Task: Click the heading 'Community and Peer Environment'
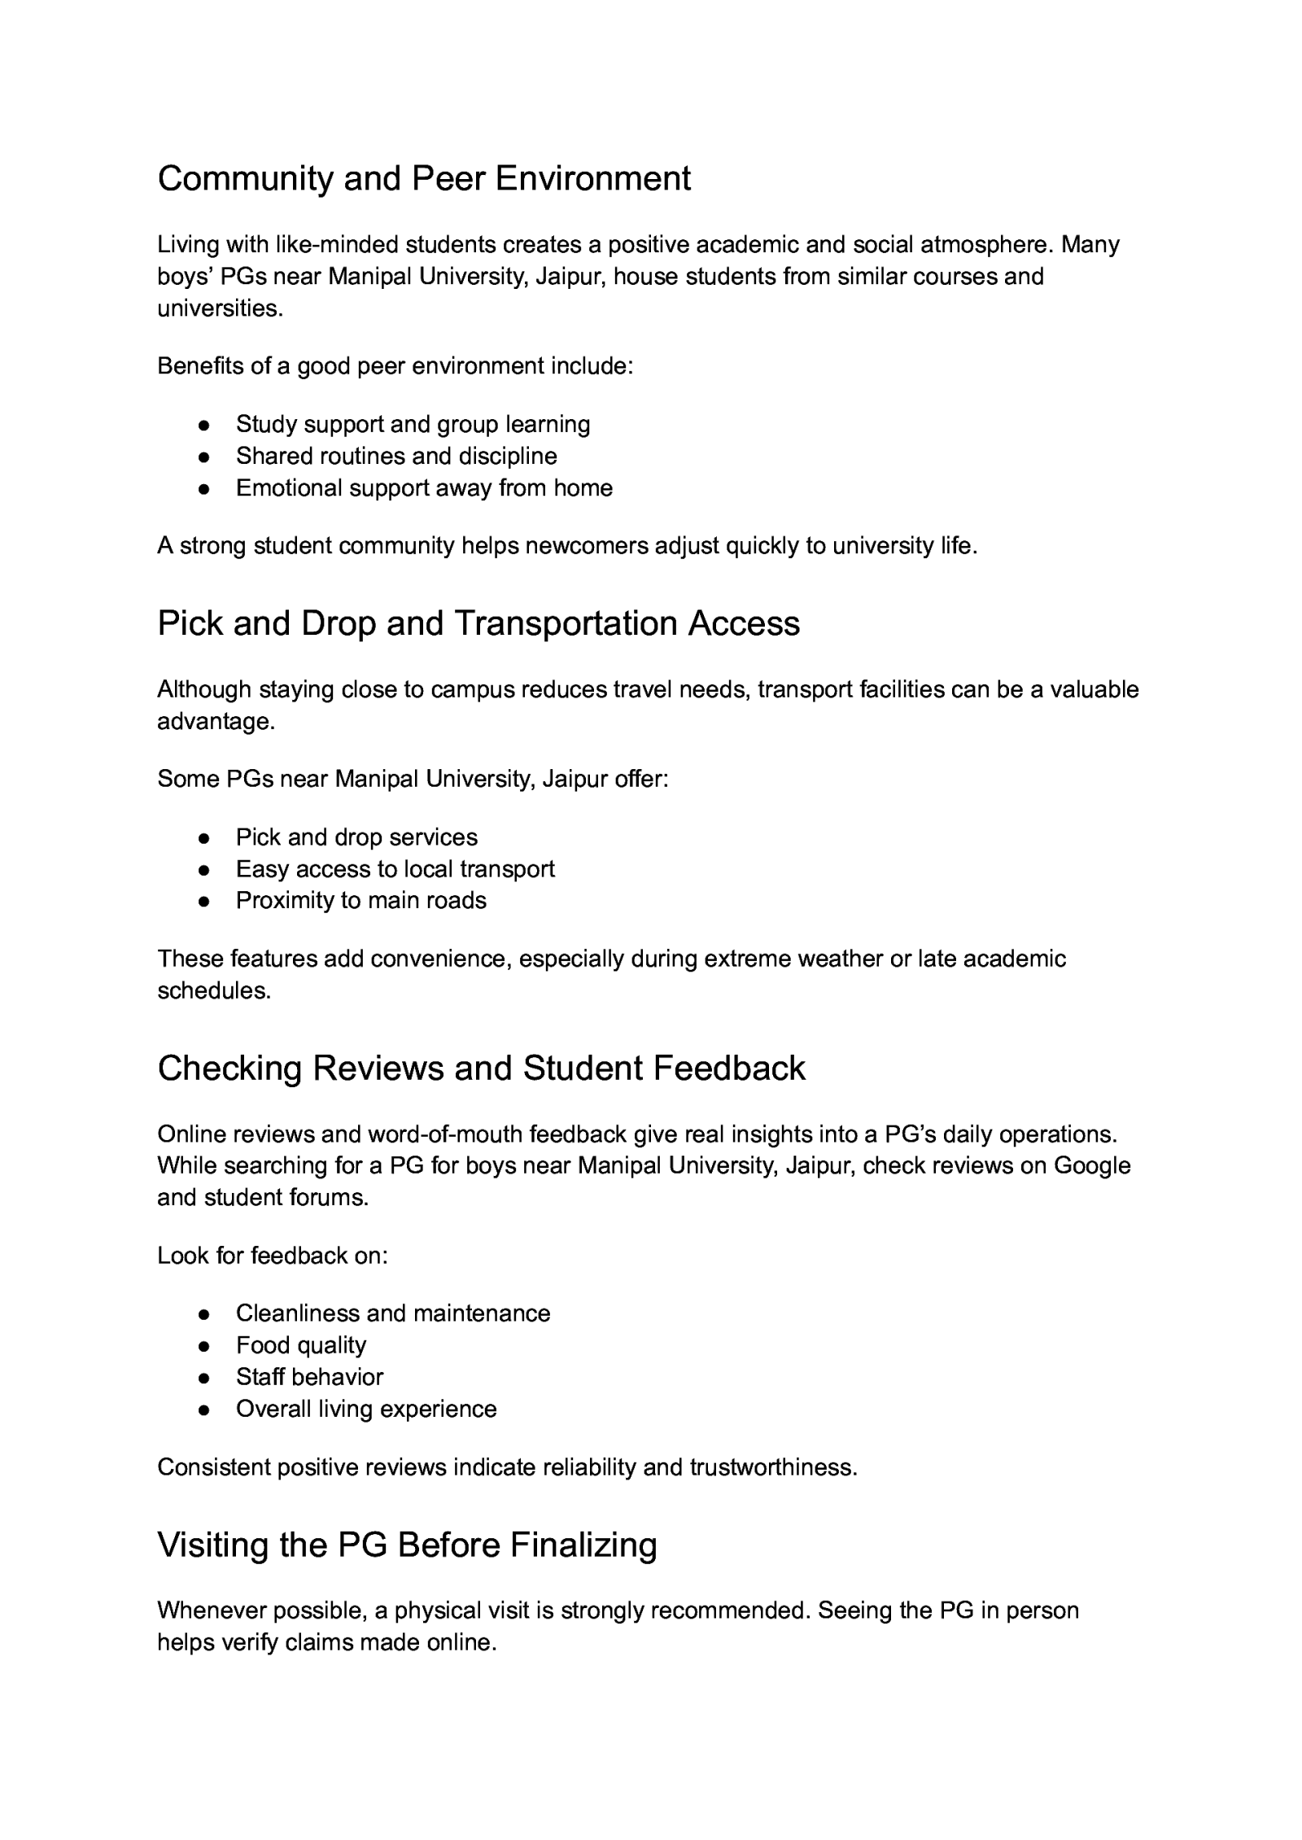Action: tap(424, 178)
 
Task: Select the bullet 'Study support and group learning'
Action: tap(413, 424)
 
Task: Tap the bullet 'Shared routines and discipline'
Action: tap(396, 456)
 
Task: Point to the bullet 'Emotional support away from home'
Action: tap(424, 487)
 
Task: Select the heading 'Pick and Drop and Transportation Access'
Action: tap(478, 623)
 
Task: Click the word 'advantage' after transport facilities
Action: tap(212, 721)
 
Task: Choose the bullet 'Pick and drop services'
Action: tap(356, 837)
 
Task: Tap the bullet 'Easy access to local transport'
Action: tap(395, 868)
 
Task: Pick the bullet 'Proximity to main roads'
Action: tap(361, 900)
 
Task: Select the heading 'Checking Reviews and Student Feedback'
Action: tap(481, 1069)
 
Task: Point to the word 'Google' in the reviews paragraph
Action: tap(1092, 1165)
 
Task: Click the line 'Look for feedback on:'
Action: tap(273, 1255)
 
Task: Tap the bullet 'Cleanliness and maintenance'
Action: tap(393, 1313)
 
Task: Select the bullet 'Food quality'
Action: tap(301, 1344)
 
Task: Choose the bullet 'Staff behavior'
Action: tap(309, 1376)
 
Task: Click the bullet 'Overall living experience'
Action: tap(366, 1409)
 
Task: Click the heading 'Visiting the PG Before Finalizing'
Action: tap(407, 1545)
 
